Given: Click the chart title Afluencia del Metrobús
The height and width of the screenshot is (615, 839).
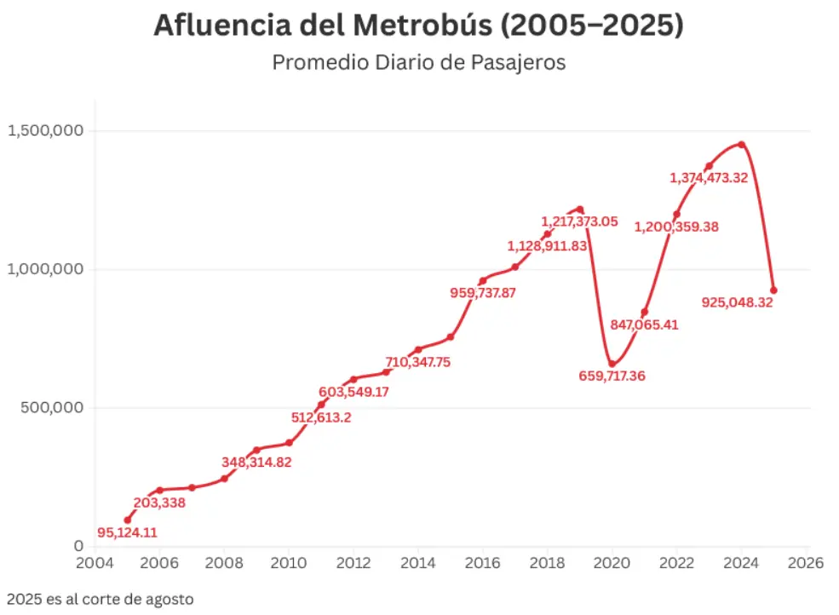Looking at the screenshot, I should click(x=418, y=26).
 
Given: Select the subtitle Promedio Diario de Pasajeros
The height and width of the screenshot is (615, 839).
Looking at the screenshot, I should click(x=418, y=63).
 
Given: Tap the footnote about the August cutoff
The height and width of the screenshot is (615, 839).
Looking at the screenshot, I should click(x=100, y=599).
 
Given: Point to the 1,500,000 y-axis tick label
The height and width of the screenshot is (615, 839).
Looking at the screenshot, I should click(x=45, y=130).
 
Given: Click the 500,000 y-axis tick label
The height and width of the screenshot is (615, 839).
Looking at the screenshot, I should click(x=52, y=407).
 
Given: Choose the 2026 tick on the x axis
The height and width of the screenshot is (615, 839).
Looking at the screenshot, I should click(x=805, y=563).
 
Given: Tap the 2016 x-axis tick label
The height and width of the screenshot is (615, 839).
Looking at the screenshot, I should click(x=482, y=563).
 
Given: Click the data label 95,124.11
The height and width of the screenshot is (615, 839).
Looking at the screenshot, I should click(x=127, y=533).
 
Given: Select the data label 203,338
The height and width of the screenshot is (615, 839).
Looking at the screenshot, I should click(x=159, y=503).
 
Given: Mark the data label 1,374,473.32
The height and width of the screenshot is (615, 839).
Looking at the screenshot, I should click(x=709, y=178).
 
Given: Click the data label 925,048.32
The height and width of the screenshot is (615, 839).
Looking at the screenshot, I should click(x=737, y=302).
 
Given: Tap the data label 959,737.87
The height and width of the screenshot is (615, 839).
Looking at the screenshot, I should click(x=483, y=293).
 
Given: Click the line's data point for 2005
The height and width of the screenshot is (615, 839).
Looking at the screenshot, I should click(x=127, y=520).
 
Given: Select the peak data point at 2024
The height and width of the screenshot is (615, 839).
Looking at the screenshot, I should click(x=741, y=145).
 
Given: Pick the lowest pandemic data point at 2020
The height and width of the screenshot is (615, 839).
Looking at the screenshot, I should click(x=612, y=364).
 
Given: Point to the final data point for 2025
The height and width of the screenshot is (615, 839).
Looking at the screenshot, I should click(x=773, y=290).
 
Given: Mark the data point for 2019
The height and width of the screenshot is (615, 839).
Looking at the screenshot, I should click(x=580, y=209).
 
